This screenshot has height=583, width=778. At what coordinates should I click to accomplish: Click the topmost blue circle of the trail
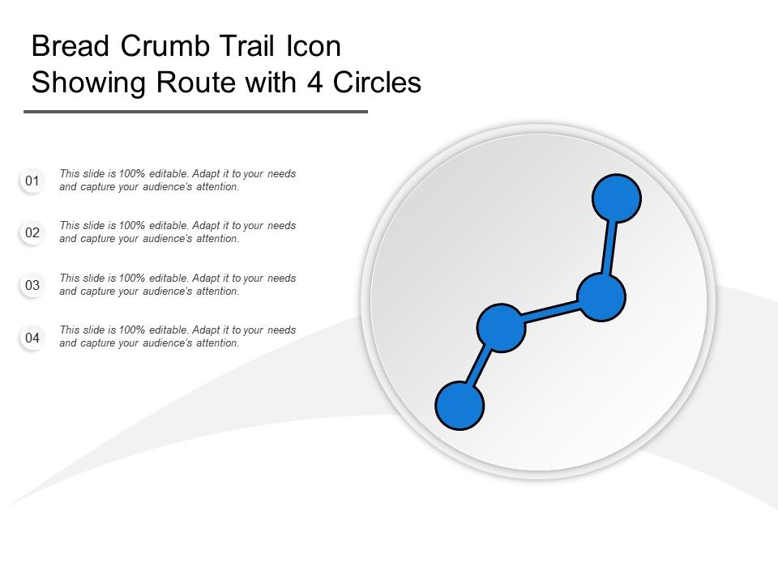click(617, 198)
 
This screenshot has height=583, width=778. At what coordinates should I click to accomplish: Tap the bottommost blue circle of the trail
click(460, 405)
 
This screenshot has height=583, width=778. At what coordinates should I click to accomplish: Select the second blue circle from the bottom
click(502, 328)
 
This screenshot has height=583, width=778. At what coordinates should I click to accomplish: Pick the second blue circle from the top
click(601, 297)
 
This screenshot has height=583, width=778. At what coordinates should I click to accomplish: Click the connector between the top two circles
click(609, 248)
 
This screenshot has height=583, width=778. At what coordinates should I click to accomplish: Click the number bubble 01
click(32, 181)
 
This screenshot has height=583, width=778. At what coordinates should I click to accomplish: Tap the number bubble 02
click(32, 233)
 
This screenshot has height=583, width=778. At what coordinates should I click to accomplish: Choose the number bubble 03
click(32, 286)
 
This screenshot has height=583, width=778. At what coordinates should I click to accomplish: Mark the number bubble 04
click(32, 338)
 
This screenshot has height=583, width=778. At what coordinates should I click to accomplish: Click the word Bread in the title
click(71, 47)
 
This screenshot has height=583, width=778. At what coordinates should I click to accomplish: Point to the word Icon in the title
click(314, 47)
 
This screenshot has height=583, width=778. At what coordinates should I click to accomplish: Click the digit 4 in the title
click(311, 83)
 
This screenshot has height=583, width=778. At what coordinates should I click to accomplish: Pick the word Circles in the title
click(374, 83)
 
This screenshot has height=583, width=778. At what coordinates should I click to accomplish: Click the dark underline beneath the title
click(195, 112)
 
